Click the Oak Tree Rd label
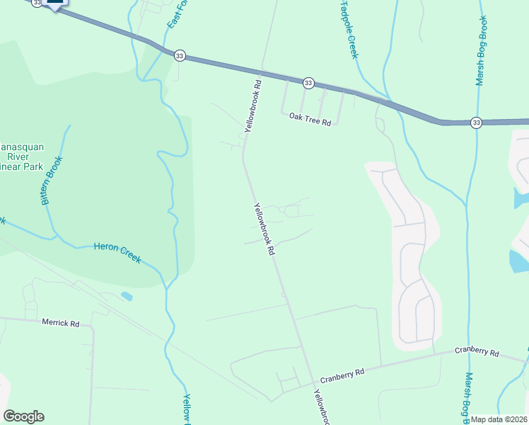310,123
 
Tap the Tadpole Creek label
349,28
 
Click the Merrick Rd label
60,323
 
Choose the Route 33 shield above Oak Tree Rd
308,83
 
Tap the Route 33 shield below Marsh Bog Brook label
476,123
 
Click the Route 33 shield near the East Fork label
180,55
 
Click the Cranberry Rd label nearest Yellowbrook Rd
342,373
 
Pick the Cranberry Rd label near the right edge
477,352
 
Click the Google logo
23,416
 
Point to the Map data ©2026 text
499,419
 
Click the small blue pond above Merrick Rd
126,295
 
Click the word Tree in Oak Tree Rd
310,123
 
